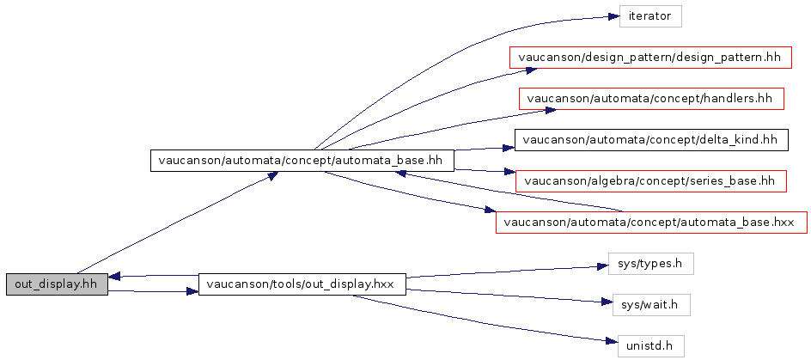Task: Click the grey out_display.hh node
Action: click(x=57, y=284)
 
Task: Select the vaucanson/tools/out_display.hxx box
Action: click(x=302, y=284)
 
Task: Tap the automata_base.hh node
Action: click(x=302, y=161)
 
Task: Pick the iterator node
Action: click(x=650, y=16)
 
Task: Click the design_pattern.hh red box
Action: click(x=650, y=57)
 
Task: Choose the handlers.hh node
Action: click(x=650, y=98)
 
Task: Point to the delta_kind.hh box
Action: click(x=650, y=140)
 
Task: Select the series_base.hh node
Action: click(x=650, y=181)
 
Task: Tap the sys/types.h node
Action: click(x=650, y=264)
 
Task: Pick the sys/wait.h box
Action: click(x=650, y=305)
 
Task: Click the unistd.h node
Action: click(x=650, y=346)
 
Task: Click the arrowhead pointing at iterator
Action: click(x=613, y=16)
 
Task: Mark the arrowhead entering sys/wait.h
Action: click(x=607, y=302)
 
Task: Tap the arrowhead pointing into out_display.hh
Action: click(x=114, y=277)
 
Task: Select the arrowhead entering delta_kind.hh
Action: click(x=508, y=148)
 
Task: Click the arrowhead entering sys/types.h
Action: click(x=602, y=266)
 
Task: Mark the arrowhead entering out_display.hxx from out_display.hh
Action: click(x=192, y=292)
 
